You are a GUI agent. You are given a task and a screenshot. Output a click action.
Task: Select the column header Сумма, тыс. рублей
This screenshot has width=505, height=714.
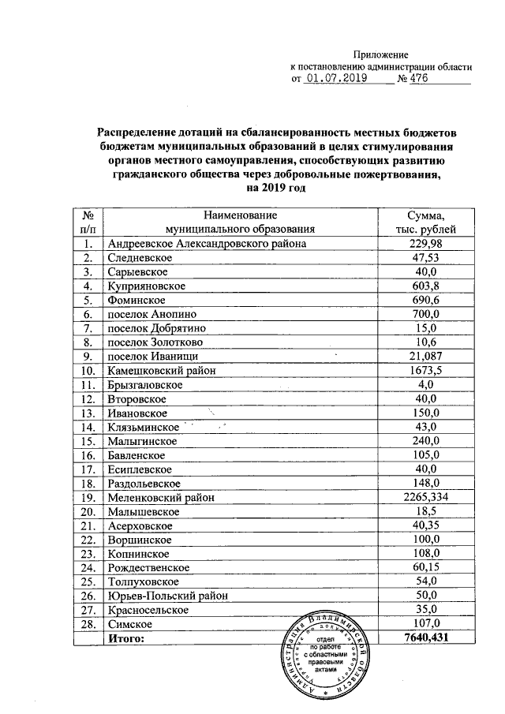425,222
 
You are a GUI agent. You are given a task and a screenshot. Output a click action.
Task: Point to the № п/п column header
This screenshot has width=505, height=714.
89,222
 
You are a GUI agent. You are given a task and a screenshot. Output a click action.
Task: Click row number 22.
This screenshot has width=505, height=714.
88,539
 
